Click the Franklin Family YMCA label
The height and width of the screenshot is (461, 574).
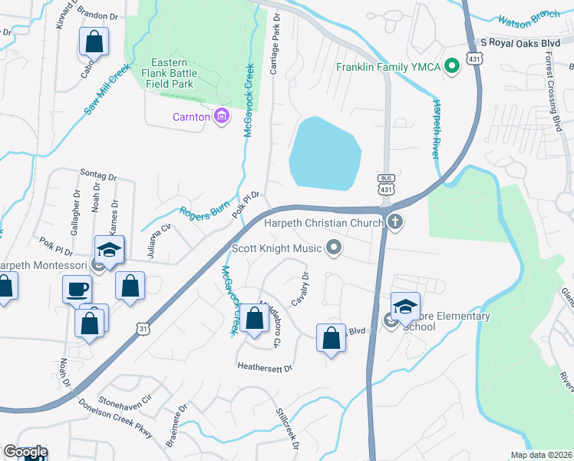tap(388, 66)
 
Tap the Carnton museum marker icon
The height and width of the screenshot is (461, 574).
tap(222, 117)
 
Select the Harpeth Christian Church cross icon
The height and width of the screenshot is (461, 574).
tap(395, 223)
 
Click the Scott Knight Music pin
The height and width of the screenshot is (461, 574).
tap(333, 247)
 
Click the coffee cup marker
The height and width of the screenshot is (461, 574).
tap(76, 290)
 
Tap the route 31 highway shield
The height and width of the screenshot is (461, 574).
tap(143, 328)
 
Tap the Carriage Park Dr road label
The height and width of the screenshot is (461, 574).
tap(274, 48)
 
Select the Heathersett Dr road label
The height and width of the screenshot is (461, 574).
tap(265, 368)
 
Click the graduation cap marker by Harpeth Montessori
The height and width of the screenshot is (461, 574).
tap(110, 250)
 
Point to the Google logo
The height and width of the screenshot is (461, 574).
tap(25, 453)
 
